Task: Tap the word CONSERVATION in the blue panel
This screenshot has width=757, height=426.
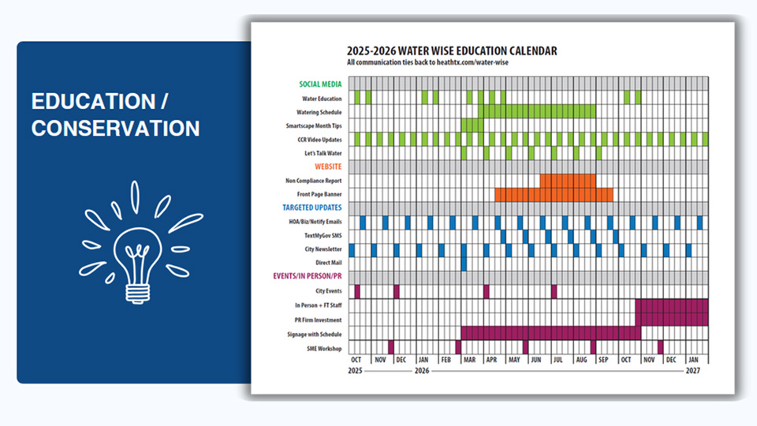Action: [115, 128]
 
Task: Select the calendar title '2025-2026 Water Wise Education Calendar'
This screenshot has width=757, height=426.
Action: [452, 51]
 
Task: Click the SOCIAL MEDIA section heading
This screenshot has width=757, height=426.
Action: [320, 84]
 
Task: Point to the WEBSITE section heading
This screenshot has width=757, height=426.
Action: [328, 166]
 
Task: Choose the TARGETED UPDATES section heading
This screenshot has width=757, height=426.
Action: [312, 207]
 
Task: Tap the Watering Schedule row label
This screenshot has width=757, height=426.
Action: [319, 112]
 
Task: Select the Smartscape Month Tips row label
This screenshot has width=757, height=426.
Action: [314, 125]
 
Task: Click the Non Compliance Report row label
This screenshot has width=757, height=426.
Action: [314, 181]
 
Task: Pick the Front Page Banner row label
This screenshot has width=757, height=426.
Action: [319, 194]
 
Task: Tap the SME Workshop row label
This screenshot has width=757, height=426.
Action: [325, 347]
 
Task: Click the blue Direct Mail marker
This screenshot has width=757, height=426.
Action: [464, 263]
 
